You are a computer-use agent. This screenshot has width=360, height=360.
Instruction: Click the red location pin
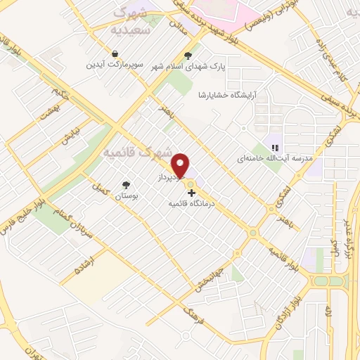click(182, 165)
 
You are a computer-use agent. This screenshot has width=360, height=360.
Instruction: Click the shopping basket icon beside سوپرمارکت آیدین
click(115, 53)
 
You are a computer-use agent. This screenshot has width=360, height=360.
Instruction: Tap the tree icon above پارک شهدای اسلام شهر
click(187, 54)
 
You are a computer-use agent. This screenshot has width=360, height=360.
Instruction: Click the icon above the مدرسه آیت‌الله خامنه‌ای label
click(276, 148)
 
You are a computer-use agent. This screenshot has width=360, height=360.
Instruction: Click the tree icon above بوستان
click(126, 185)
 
